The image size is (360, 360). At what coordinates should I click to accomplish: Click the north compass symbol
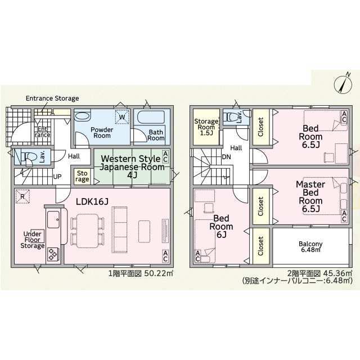(343, 84)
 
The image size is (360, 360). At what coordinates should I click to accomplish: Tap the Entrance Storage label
(52, 98)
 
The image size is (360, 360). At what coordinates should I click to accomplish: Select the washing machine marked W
(122, 117)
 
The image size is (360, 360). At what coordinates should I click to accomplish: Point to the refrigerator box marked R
(22, 196)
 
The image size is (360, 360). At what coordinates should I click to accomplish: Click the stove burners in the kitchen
(53, 254)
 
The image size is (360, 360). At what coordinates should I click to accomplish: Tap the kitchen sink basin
(53, 219)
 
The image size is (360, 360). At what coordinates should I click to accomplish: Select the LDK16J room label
(92, 202)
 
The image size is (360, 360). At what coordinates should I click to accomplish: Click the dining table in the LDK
(87, 231)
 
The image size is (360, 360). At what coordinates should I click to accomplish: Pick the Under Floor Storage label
(33, 240)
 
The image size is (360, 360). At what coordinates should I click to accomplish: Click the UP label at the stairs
(57, 177)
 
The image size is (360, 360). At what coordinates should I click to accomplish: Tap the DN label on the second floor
(226, 157)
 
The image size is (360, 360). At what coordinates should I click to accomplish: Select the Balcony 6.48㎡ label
(310, 246)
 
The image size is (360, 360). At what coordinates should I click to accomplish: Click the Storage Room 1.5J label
(206, 127)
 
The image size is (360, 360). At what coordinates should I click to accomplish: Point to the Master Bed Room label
(310, 196)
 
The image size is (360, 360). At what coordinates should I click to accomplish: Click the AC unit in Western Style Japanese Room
(165, 156)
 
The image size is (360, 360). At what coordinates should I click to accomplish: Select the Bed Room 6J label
(221, 226)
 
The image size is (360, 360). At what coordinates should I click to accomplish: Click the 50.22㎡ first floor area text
(159, 273)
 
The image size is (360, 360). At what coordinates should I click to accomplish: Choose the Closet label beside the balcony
(260, 246)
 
